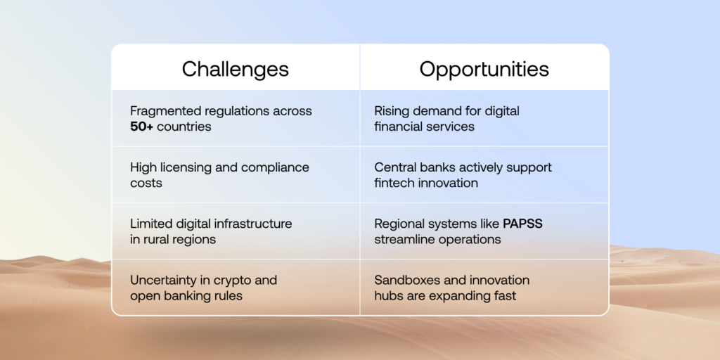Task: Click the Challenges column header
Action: (235, 70)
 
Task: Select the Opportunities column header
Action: (484, 70)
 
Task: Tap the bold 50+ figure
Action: (141, 127)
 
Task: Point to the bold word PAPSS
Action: (522, 224)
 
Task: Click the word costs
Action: (146, 184)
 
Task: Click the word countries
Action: (184, 127)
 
